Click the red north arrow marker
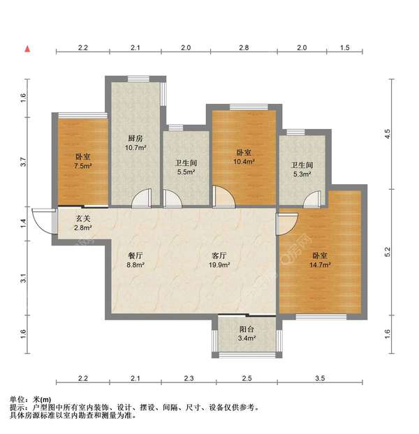(x=27, y=49)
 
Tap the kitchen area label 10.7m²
(x=135, y=148)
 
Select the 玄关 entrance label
(x=83, y=218)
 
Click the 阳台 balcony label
(x=247, y=329)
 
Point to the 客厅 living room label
(x=219, y=255)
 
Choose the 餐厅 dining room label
(x=135, y=255)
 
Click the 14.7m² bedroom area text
(x=320, y=265)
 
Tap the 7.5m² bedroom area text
(x=83, y=166)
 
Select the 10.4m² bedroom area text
(x=244, y=161)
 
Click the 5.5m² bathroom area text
(x=186, y=172)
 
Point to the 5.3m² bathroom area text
(x=302, y=174)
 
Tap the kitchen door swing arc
(x=141, y=198)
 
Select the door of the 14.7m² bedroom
(x=287, y=224)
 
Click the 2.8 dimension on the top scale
(x=244, y=47)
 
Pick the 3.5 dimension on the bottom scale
(x=320, y=378)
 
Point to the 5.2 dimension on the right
(x=387, y=252)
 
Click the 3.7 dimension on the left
(x=23, y=162)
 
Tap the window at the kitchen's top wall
(x=138, y=79)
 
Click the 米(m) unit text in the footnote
(x=42, y=400)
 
